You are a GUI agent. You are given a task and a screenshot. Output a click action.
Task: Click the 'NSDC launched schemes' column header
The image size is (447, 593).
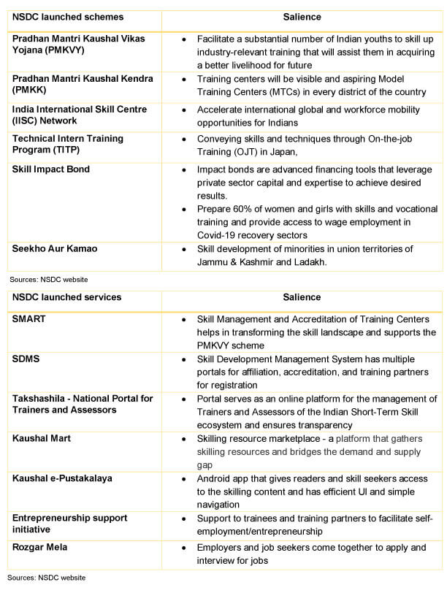click(x=68, y=17)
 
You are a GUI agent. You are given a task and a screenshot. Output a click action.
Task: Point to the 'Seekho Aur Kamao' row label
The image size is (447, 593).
click(x=55, y=249)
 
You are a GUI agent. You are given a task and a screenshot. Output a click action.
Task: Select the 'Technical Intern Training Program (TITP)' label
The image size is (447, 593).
click(x=68, y=144)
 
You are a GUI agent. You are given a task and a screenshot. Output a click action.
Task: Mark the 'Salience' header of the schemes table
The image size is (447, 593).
click(x=301, y=17)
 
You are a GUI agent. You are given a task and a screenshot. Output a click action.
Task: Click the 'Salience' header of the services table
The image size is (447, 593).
click(x=301, y=297)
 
